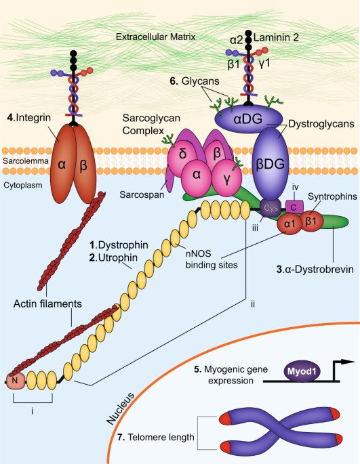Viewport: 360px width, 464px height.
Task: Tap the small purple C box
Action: (294, 204)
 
